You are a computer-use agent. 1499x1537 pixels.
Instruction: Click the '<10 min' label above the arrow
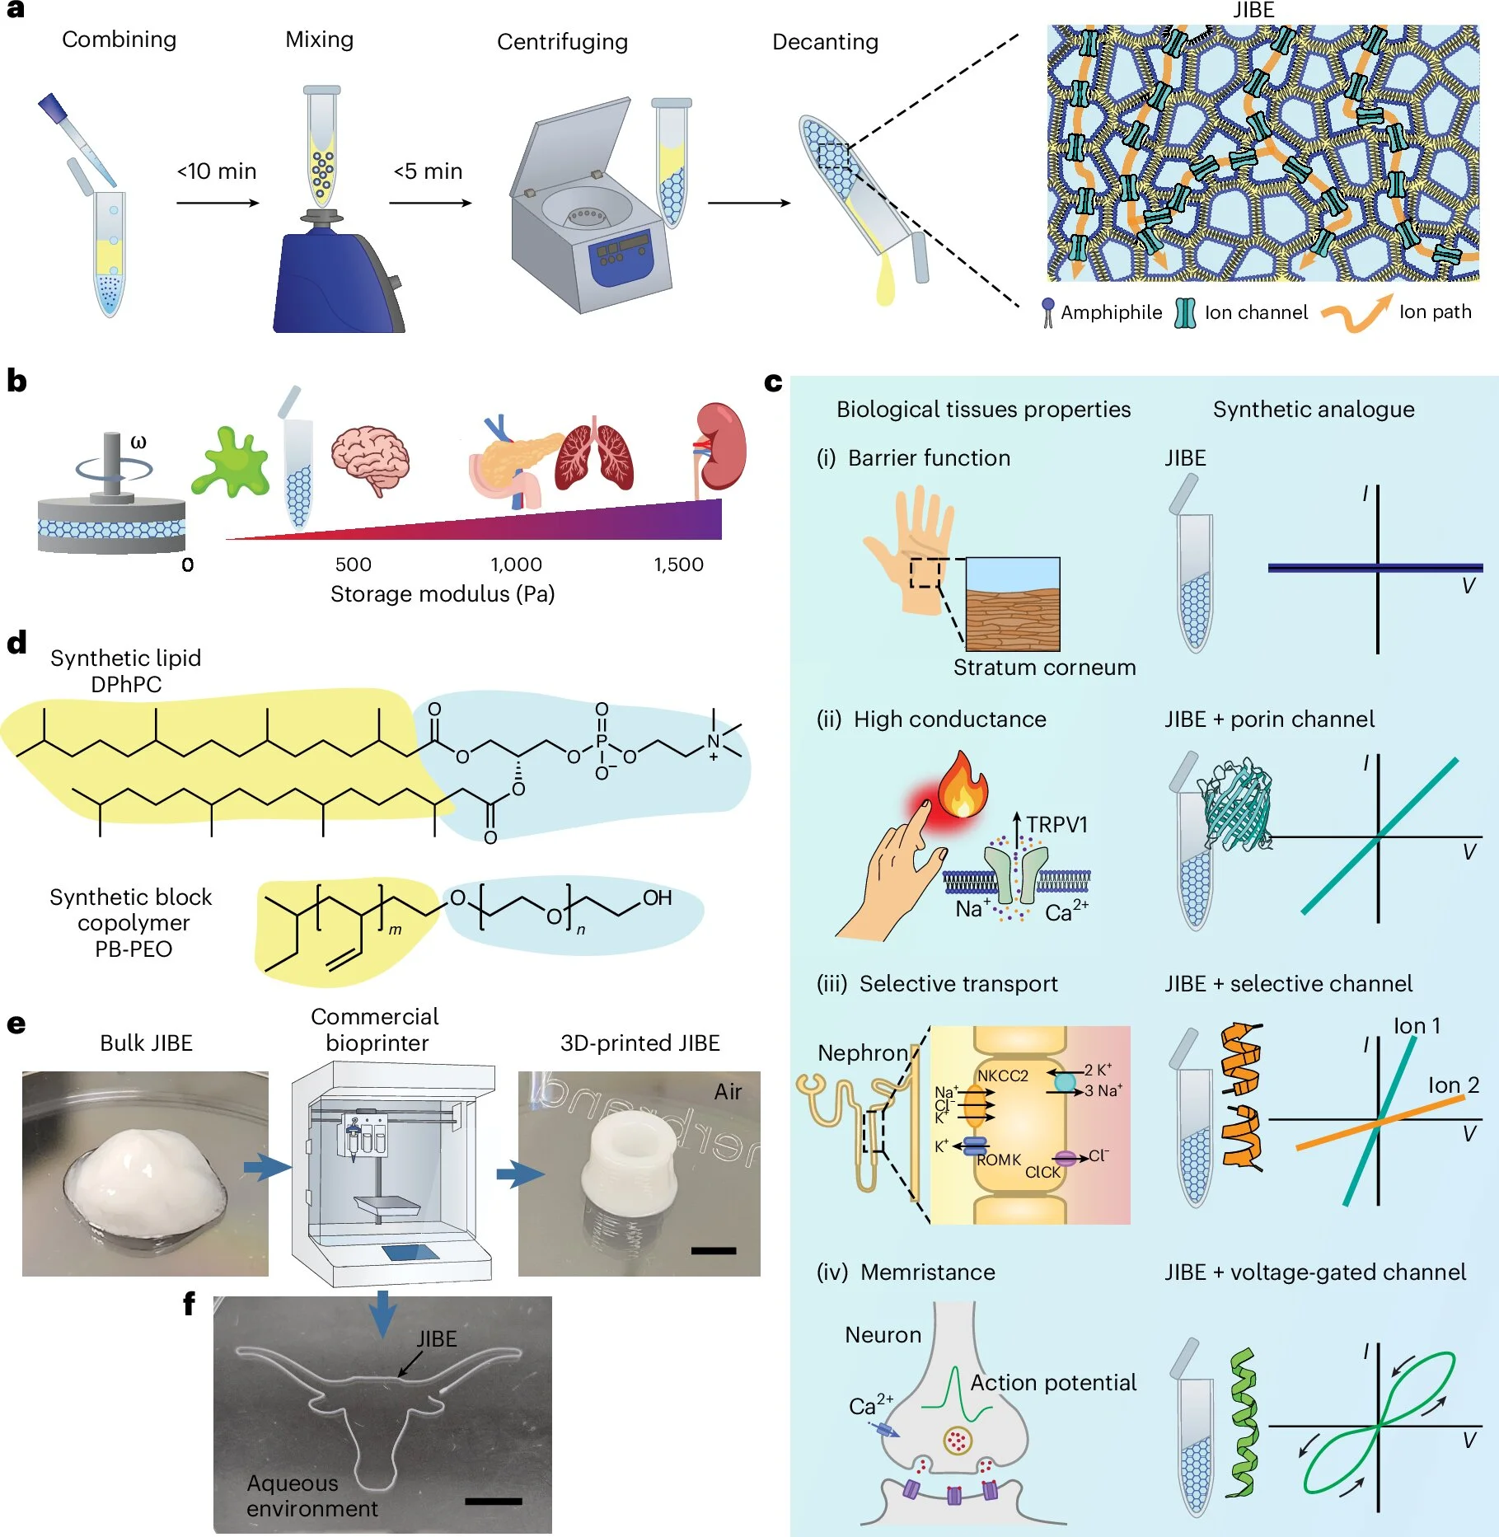[217, 171]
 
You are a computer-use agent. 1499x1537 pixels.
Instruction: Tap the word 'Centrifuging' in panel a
[562, 42]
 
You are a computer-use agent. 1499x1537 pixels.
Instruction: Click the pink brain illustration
[370, 460]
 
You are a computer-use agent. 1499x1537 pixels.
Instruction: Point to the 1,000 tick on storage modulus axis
[516, 565]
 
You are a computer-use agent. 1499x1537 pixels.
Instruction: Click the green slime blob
[230, 462]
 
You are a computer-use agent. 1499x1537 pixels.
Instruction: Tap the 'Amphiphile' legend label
[1111, 312]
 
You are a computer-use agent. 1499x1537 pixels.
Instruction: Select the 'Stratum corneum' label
[1044, 668]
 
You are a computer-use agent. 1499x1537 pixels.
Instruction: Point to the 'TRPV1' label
[1056, 825]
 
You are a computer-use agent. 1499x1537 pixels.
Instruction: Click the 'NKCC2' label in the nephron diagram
[1002, 1075]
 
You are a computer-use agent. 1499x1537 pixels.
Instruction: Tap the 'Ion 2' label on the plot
[1453, 1085]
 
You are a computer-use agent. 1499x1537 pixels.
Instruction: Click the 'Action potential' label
[1053, 1383]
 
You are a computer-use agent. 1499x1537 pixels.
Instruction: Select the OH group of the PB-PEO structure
[657, 897]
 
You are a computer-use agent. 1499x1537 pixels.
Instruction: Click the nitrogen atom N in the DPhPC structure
[714, 742]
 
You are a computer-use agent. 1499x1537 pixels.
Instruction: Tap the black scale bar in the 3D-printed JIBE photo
[714, 1251]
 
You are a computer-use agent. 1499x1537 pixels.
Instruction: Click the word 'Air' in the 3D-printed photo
[728, 1092]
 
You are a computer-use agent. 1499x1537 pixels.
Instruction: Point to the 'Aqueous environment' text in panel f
[312, 1496]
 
